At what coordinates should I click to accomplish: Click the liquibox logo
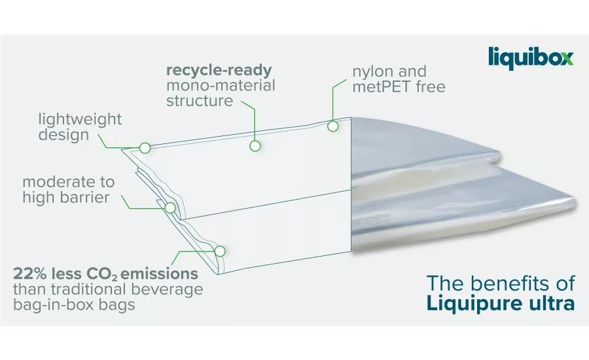(x=531, y=58)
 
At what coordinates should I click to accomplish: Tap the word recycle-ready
(x=219, y=70)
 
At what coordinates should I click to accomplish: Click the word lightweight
(x=80, y=120)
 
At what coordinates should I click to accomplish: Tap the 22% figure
(x=30, y=274)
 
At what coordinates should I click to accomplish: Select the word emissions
(x=159, y=274)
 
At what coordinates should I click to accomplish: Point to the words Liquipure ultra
(x=501, y=303)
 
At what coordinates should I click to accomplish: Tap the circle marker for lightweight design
(x=145, y=148)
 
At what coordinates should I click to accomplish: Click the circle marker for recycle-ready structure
(x=255, y=146)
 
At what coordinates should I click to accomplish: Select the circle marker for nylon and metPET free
(x=333, y=126)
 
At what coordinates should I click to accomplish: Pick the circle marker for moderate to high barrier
(x=170, y=207)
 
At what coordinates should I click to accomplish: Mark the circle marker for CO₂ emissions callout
(x=220, y=251)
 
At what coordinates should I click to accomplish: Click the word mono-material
(x=221, y=86)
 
